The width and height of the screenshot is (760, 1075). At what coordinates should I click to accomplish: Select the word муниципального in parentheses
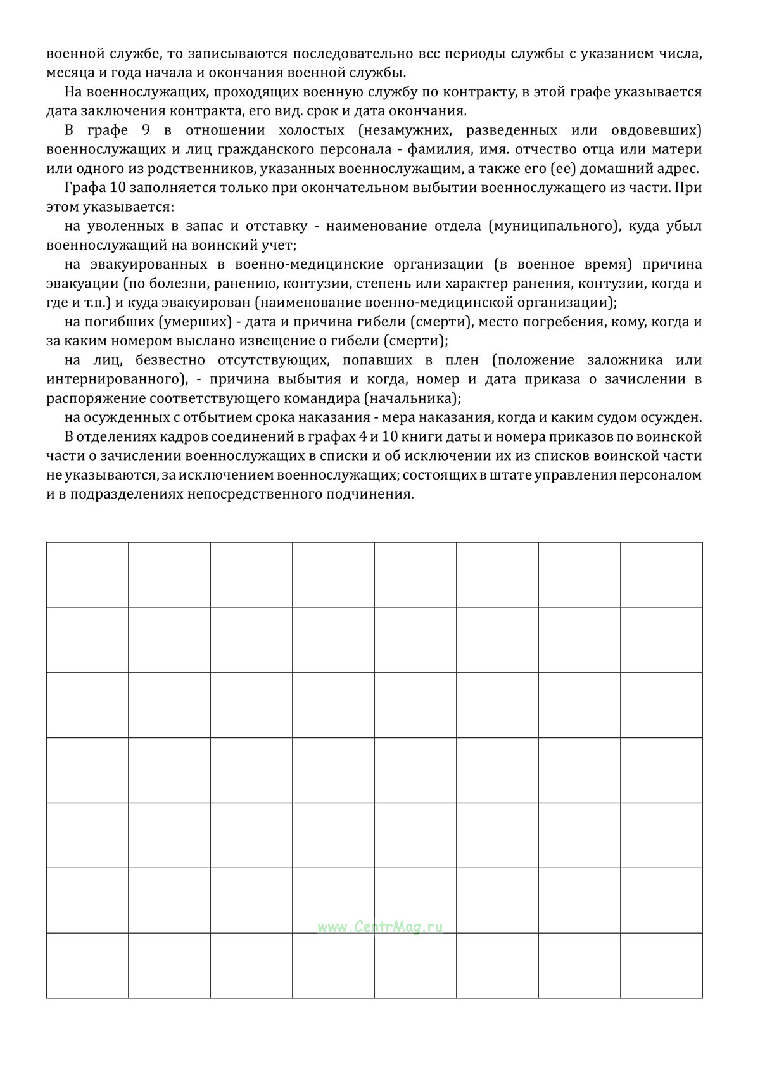coord(554,226)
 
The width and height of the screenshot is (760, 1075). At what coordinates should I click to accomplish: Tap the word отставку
coord(277,226)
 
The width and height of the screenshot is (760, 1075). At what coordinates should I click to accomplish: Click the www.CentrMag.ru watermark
coord(379,927)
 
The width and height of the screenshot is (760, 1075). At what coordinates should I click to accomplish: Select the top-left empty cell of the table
coord(87,575)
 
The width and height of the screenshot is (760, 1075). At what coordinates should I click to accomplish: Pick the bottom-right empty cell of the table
coord(661,965)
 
